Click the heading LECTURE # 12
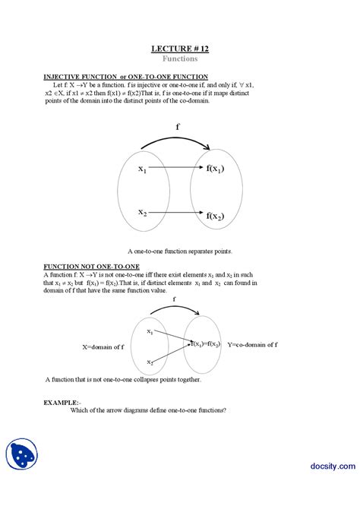point(179,49)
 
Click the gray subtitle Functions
point(179,58)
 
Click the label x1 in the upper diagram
point(142,169)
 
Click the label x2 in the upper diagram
point(142,213)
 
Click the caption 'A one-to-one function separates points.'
point(179,250)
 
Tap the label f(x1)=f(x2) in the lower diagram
point(205,344)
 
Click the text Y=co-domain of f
point(252,344)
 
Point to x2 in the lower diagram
point(150,362)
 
